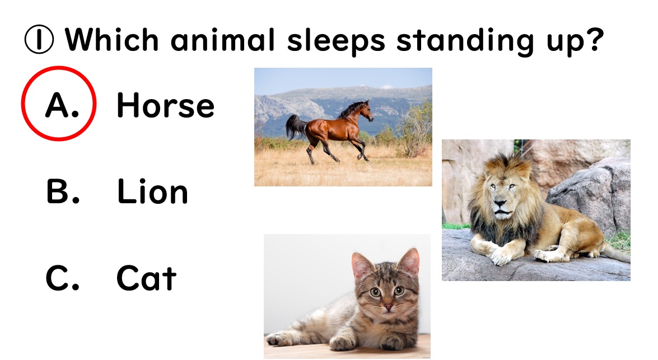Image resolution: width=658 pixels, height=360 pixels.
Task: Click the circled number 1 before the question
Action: (39, 39)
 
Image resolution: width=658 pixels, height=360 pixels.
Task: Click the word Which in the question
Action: (111, 39)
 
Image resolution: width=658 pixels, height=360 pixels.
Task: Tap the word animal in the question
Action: (222, 39)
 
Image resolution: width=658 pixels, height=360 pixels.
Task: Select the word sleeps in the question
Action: (335, 41)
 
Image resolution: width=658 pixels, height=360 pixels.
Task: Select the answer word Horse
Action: (165, 105)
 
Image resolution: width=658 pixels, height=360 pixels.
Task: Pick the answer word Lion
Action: (152, 191)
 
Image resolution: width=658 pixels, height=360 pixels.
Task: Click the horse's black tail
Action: (296, 127)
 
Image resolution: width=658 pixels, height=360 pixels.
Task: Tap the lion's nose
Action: (499, 203)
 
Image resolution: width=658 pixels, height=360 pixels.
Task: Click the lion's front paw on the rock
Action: (501, 255)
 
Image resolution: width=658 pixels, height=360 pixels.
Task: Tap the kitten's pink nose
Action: (388, 307)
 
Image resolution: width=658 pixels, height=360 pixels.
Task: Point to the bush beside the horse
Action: (413, 130)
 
